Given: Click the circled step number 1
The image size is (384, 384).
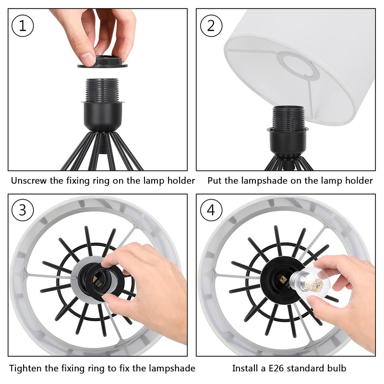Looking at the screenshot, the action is tap(23, 26).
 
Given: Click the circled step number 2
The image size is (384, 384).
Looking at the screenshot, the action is tap(211, 26).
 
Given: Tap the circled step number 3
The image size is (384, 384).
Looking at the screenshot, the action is tap(23, 210).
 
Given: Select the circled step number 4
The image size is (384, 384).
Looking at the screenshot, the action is tap(211, 210).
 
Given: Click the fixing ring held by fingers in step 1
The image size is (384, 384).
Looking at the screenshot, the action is tap(103, 62).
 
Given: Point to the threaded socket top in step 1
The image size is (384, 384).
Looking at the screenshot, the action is tap(102, 90).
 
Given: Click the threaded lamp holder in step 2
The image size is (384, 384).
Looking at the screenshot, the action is tap(288, 118).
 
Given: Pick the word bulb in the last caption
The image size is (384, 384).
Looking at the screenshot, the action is tap(337, 368).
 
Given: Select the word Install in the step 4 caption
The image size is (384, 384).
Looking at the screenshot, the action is tap(243, 368).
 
